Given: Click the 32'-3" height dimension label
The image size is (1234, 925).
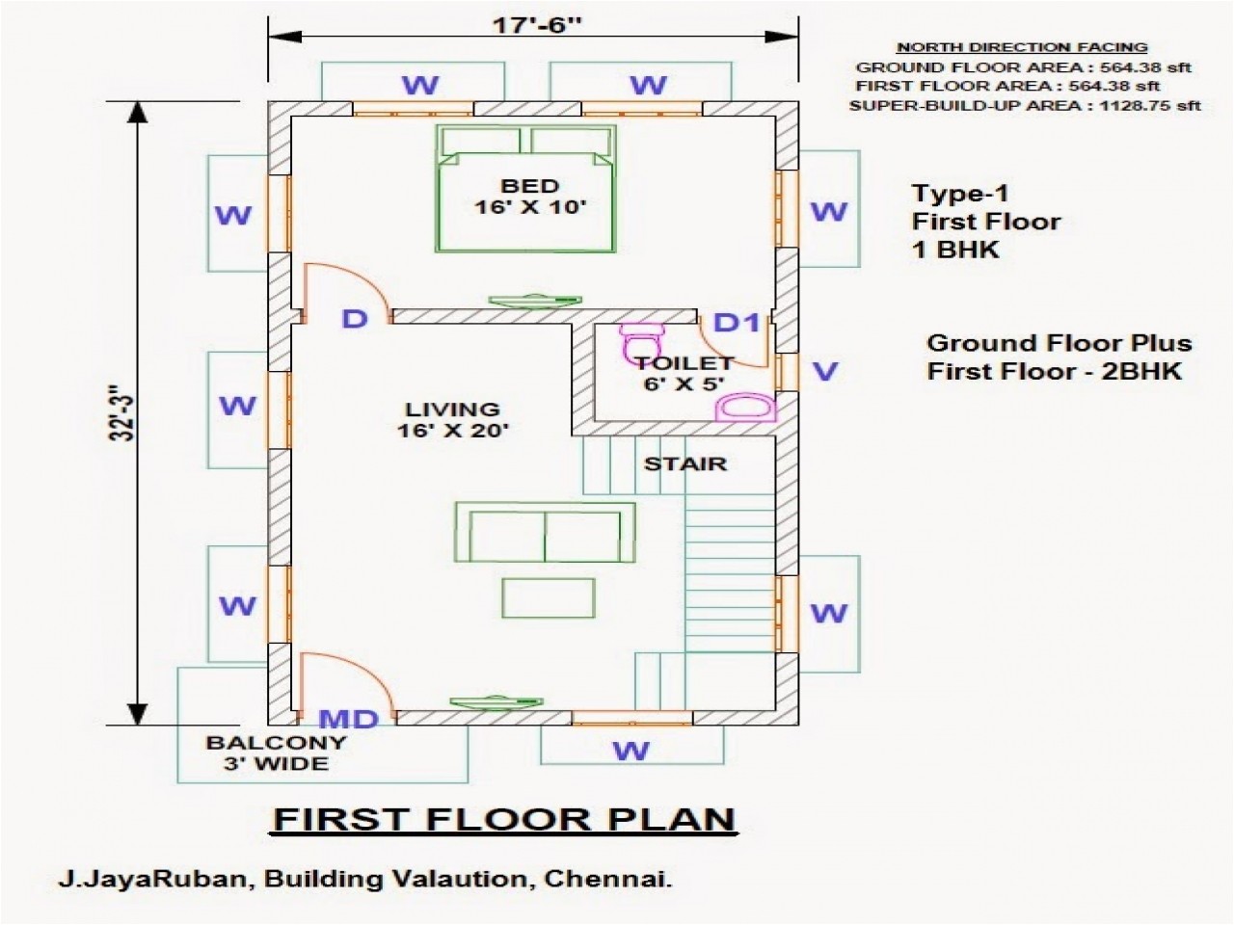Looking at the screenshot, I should [x=120, y=414].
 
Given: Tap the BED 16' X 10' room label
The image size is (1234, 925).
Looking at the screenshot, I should [x=529, y=196].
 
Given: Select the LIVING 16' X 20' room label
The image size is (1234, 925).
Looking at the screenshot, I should [x=452, y=420].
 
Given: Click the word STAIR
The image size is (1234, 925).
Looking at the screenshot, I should [x=685, y=464].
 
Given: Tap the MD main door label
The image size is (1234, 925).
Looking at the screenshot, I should [x=348, y=719].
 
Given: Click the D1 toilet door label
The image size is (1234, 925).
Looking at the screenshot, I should [x=738, y=323].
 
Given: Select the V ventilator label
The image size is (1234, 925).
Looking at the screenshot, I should [x=825, y=371].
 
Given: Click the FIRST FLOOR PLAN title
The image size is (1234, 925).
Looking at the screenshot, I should [x=504, y=819].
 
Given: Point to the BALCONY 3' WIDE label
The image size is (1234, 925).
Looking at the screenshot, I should [x=277, y=753].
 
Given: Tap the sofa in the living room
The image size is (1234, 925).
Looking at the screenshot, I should [x=545, y=532].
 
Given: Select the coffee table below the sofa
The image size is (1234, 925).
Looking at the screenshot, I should [x=547, y=597].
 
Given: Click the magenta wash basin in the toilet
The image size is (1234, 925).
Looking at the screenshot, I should [x=746, y=408].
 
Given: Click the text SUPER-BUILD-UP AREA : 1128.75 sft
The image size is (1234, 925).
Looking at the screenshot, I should [x=1025, y=105].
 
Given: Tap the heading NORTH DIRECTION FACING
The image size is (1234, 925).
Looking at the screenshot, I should [x=1022, y=47].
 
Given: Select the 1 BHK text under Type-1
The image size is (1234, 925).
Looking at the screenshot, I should [x=955, y=250].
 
